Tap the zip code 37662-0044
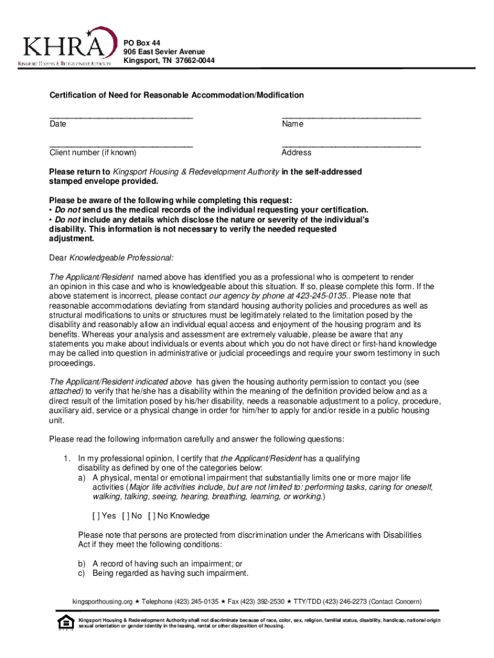pos(191,60)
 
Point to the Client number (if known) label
pos(93,153)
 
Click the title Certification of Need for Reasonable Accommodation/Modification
pos(176,95)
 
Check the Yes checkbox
pos(96,516)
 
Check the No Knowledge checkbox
pos(152,516)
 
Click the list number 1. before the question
pos(66,459)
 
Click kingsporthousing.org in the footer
pos(102,601)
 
